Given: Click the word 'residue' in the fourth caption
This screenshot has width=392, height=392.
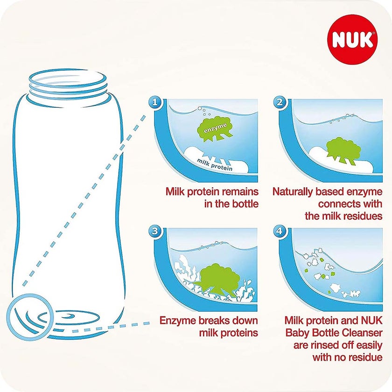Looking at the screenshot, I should coord(364,357).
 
